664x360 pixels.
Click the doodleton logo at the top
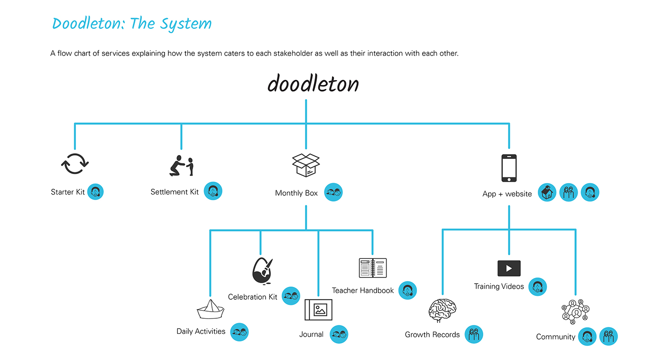(x=313, y=84)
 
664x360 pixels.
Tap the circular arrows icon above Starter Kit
(x=75, y=164)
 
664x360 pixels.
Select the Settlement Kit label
(x=175, y=192)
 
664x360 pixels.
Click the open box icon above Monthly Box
(x=306, y=166)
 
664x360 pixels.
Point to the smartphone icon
(x=509, y=168)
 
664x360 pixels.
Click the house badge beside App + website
(x=547, y=193)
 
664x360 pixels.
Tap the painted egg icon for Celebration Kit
(x=262, y=271)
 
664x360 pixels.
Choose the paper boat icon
(x=210, y=309)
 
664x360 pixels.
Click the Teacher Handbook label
(x=363, y=290)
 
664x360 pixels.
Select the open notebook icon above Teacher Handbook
(x=373, y=268)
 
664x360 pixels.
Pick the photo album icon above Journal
(x=318, y=310)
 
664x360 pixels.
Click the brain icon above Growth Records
(x=442, y=311)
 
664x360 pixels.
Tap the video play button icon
(x=509, y=268)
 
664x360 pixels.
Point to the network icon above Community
(x=575, y=312)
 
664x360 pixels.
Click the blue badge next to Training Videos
(x=537, y=286)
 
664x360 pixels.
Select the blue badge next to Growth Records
(x=473, y=334)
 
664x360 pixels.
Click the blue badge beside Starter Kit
(x=95, y=192)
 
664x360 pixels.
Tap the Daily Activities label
(x=201, y=331)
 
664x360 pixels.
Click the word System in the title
(x=186, y=24)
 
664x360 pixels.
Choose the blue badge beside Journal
(x=339, y=334)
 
